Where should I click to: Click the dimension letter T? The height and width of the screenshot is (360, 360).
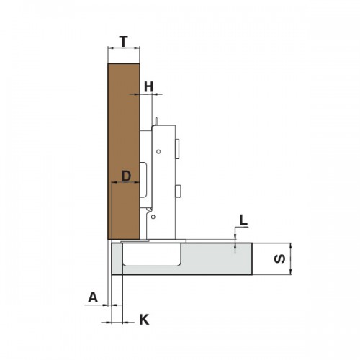[124, 42]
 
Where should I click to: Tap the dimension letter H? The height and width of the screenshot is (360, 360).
[148, 86]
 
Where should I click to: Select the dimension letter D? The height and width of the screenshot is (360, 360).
[126, 176]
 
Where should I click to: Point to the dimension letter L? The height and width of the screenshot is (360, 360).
[243, 220]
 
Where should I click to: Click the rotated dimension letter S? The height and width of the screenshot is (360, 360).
[279, 258]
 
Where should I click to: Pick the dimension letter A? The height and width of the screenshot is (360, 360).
[93, 297]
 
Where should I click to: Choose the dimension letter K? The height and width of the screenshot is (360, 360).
[144, 320]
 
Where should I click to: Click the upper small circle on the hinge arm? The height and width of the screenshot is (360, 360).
[158, 151]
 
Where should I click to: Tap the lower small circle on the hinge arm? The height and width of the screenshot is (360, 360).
[153, 217]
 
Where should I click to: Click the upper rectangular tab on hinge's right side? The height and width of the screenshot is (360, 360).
[177, 149]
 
